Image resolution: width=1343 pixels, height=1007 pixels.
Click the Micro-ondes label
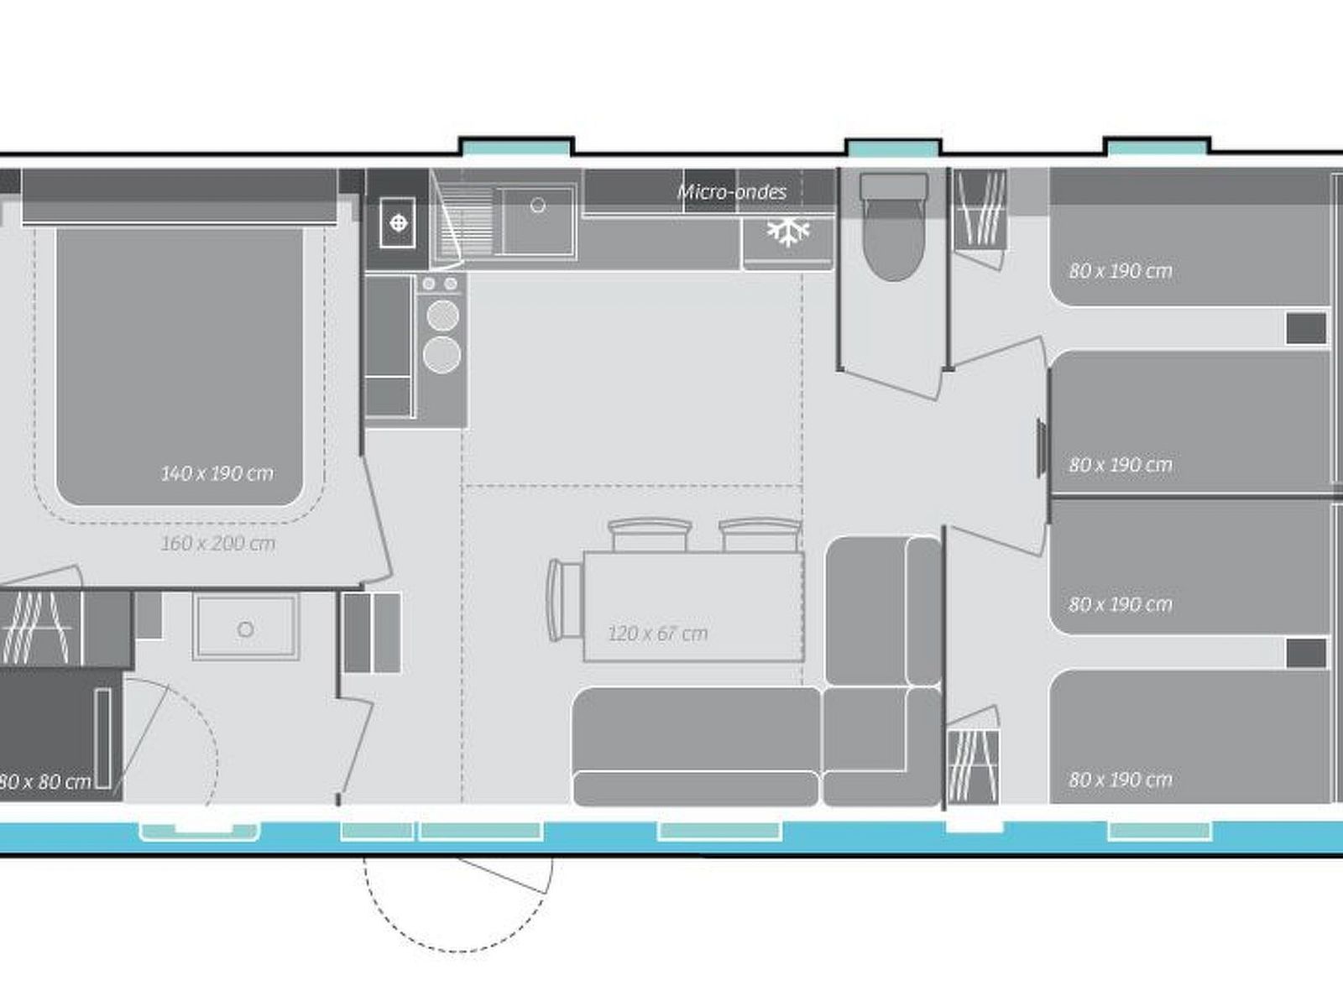pyautogui.click(x=732, y=192)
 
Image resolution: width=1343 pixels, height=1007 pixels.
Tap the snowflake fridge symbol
pyautogui.click(x=787, y=232)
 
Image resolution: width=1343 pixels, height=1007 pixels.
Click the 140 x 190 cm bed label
pyautogui.click(x=217, y=473)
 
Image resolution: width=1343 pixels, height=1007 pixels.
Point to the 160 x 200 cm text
pyautogui.click(x=217, y=544)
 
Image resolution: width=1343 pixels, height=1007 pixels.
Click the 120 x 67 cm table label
pyautogui.click(x=657, y=634)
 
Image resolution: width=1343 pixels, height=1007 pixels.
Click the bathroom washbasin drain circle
pyautogui.click(x=245, y=629)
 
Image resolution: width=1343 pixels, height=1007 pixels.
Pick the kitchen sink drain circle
pyautogui.click(x=538, y=205)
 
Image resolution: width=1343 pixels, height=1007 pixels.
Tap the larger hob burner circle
pyautogui.click(x=442, y=354)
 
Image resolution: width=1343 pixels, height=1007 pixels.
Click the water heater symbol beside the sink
pyautogui.click(x=399, y=223)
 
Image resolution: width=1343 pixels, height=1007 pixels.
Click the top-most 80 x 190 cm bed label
pyautogui.click(x=1120, y=271)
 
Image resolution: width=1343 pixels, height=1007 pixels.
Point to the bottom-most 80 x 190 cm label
pyautogui.click(x=1120, y=780)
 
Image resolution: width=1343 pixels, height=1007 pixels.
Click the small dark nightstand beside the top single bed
pyautogui.click(x=1306, y=328)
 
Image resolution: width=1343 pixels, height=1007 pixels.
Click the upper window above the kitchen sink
pyautogui.click(x=515, y=148)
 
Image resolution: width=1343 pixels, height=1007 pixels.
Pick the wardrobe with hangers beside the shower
pyautogui.click(x=42, y=628)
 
